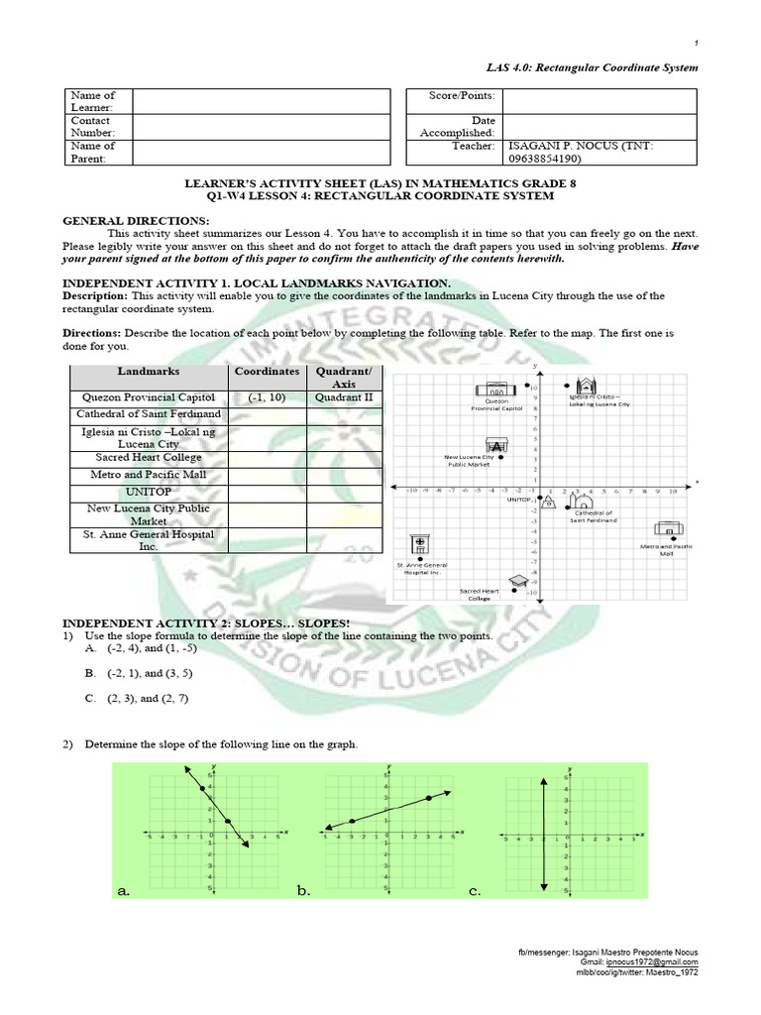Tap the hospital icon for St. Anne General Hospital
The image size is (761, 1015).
(x=420, y=546)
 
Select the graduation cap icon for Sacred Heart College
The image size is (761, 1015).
(x=518, y=581)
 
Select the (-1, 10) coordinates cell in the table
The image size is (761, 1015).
(x=267, y=396)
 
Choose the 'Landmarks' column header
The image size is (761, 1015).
(x=149, y=371)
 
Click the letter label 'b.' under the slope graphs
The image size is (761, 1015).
(x=303, y=891)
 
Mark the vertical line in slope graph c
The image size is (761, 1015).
(x=544, y=833)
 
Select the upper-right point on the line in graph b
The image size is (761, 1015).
(x=428, y=797)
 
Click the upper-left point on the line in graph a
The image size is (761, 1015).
(x=202, y=788)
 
